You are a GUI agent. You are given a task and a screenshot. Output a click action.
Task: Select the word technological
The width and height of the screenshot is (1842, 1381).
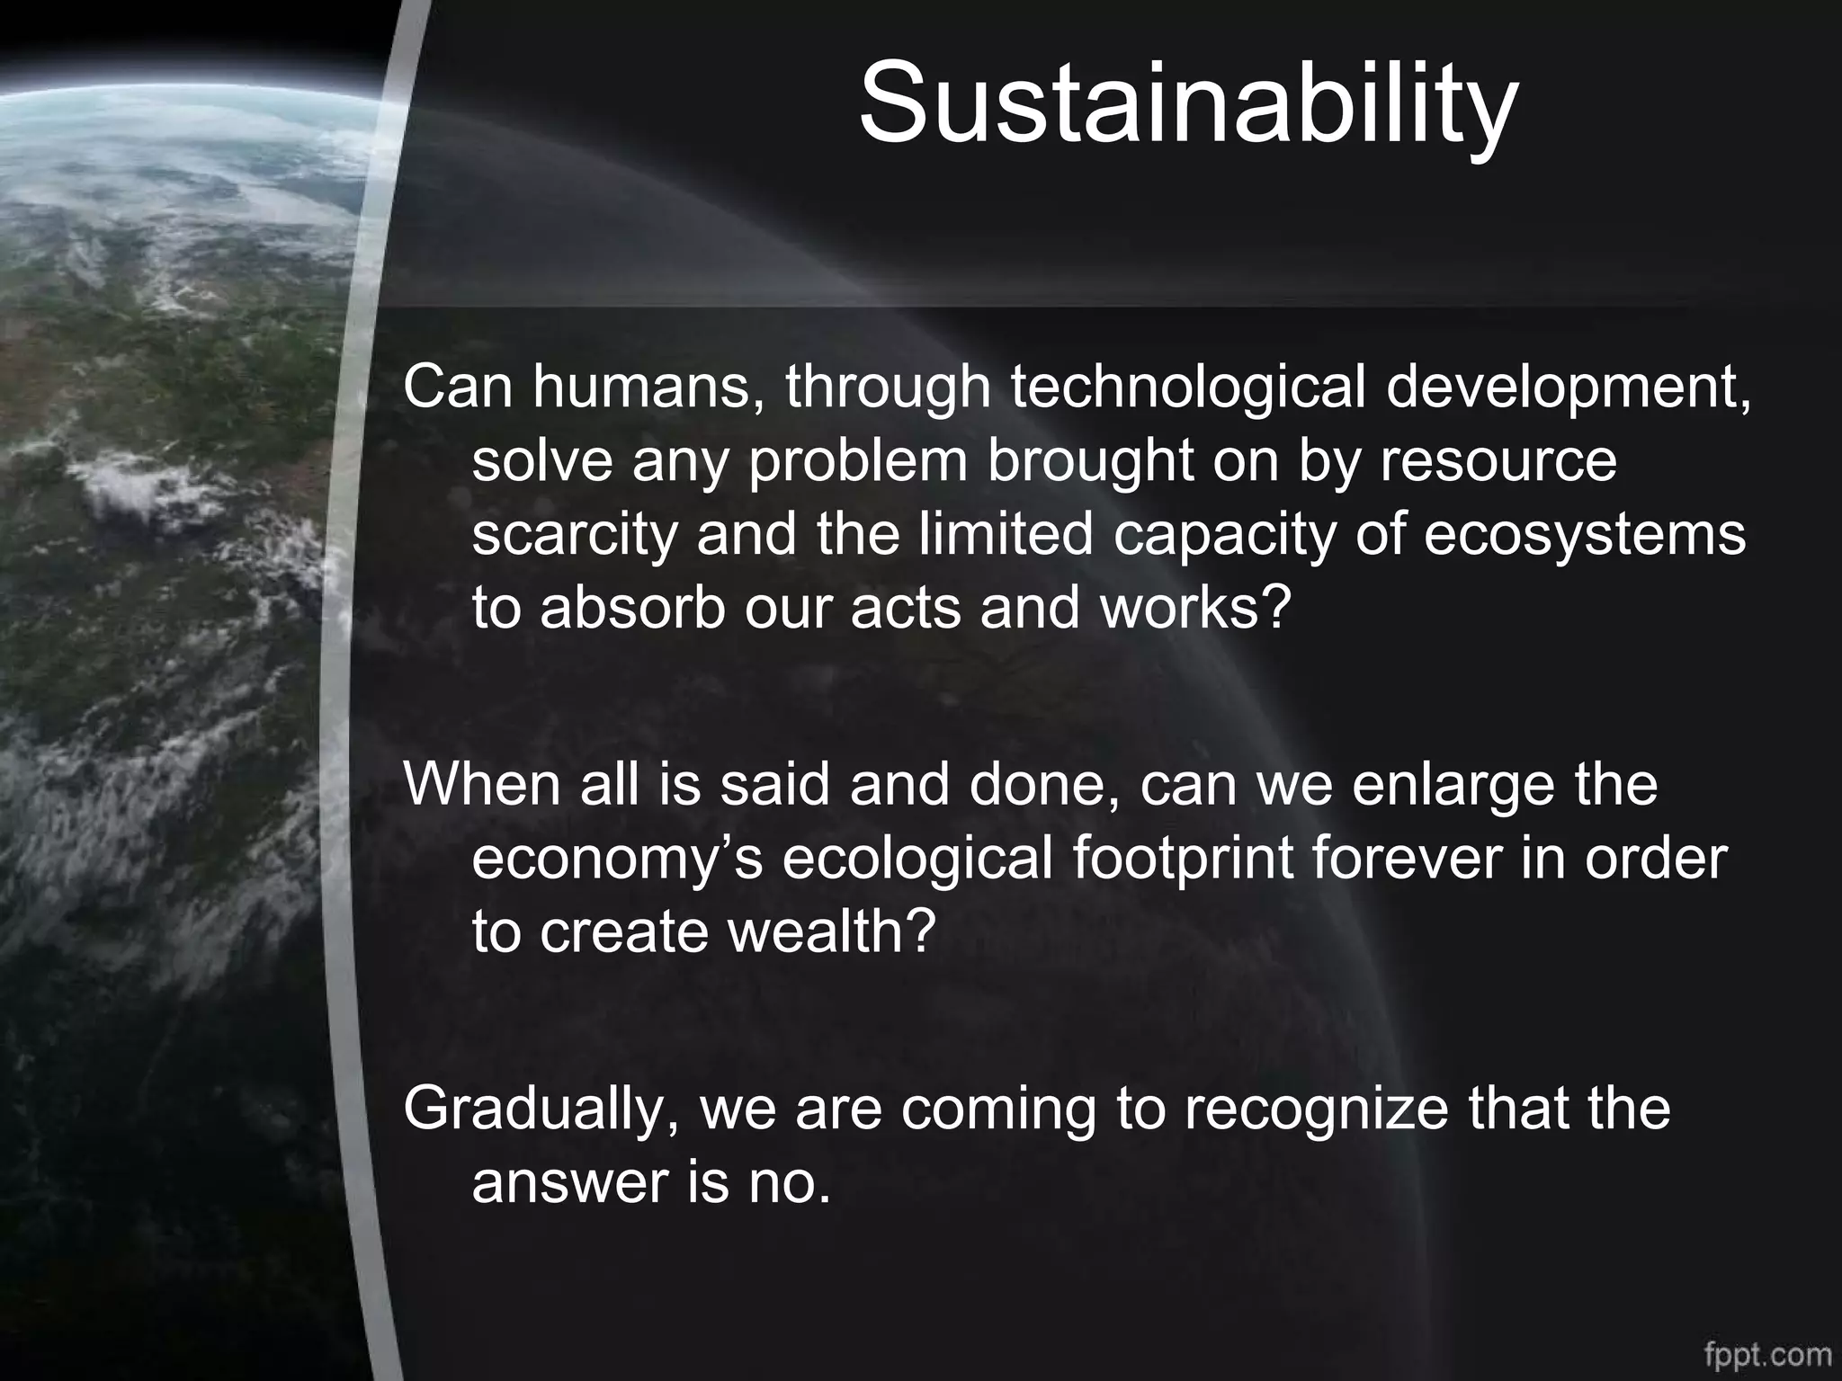point(1187,388)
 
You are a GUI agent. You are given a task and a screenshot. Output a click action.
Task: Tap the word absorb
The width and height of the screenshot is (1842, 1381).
point(633,608)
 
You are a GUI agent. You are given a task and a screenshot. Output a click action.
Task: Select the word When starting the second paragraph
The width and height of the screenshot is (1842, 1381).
point(482,784)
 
